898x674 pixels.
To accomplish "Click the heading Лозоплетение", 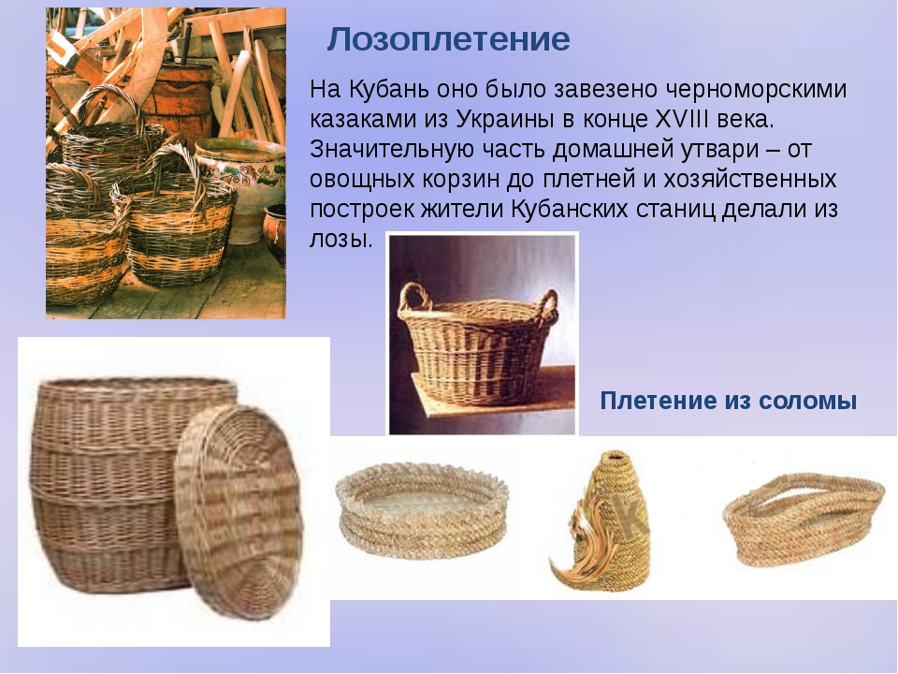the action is coord(448,39).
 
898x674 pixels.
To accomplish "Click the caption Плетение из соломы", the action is coord(728,400).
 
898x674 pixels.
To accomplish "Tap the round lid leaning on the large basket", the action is coord(239,512).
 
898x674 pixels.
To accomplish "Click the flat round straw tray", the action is coord(422,509).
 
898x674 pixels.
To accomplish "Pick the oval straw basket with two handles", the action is coord(804,520).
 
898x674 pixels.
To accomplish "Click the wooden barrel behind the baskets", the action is coord(178,97).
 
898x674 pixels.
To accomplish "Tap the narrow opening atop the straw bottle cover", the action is coord(616,456).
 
